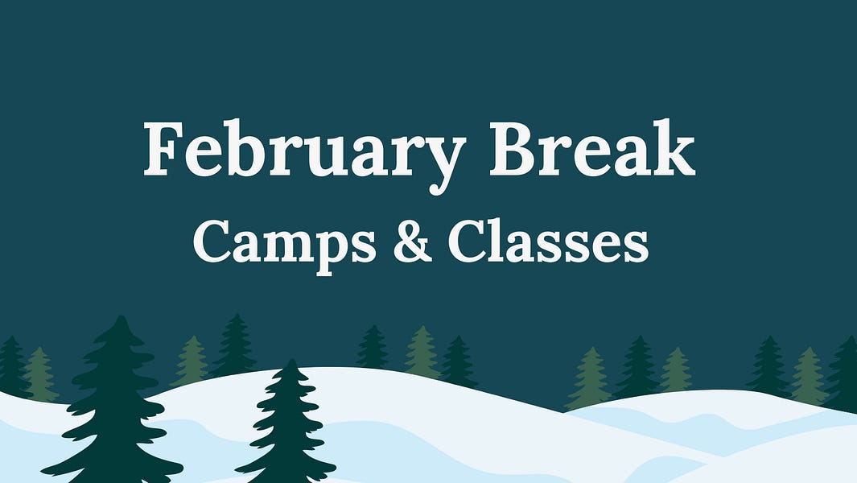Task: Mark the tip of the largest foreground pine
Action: [x=121, y=317]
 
